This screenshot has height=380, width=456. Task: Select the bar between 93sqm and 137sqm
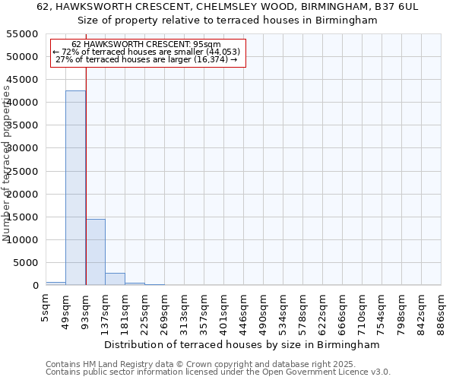click(x=95, y=252)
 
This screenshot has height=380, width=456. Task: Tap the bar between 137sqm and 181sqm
click(x=115, y=279)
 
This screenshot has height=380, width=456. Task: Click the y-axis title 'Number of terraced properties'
click(x=7, y=163)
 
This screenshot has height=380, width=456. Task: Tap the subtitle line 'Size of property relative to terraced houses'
click(x=229, y=21)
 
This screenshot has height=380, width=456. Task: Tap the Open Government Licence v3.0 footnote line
click(x=218, y=372)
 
